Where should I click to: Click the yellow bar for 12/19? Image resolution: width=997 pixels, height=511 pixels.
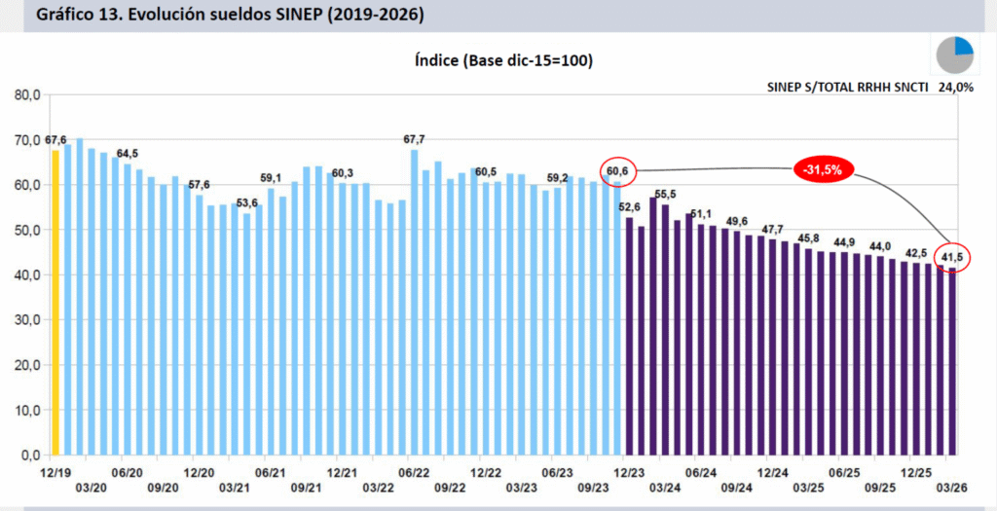[55, 302]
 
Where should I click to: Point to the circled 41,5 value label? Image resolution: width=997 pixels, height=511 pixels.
[949, 256]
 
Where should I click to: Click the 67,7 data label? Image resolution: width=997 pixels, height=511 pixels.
[415, 139]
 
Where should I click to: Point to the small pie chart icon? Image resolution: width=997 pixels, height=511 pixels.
[955, 55]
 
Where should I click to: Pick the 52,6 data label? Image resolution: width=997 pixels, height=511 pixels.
[629, 207]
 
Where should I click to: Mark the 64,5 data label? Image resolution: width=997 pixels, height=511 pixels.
[128, 154]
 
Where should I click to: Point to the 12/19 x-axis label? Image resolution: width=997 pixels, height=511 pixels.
[55, 470]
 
